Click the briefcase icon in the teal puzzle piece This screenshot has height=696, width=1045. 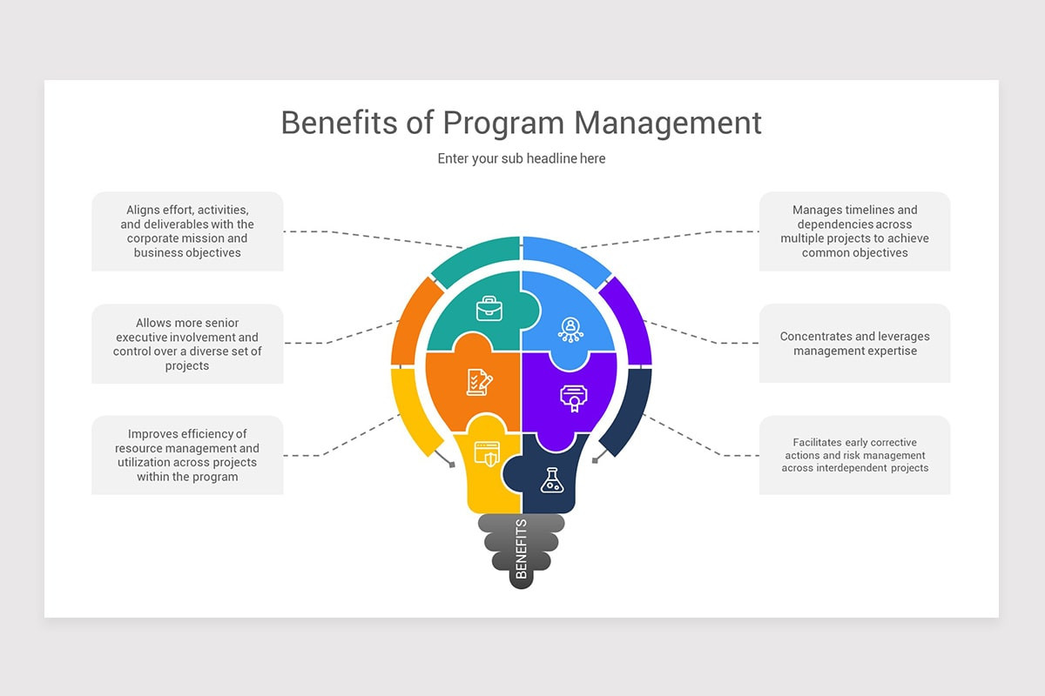tap(489, 309)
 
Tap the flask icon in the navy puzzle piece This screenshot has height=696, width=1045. tap(550, 479)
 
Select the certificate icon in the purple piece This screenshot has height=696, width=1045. tap(571, 397)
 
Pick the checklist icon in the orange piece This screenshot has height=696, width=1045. tap(479, 382)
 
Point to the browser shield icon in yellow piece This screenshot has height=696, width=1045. tap(486, 453)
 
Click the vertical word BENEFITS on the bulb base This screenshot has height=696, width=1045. tap(522, 549)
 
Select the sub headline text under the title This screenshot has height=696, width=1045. tap(522, 158)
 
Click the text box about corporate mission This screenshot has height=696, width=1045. tap(187, 231)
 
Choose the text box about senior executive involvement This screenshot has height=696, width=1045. tap(187, 344)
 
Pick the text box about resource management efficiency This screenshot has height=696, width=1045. tap(187, 455)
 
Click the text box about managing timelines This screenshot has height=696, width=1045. tap(854, 231)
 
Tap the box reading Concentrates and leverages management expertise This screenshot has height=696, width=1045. tap(854, 344)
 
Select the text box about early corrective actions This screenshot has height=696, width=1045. tap(854, 455)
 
